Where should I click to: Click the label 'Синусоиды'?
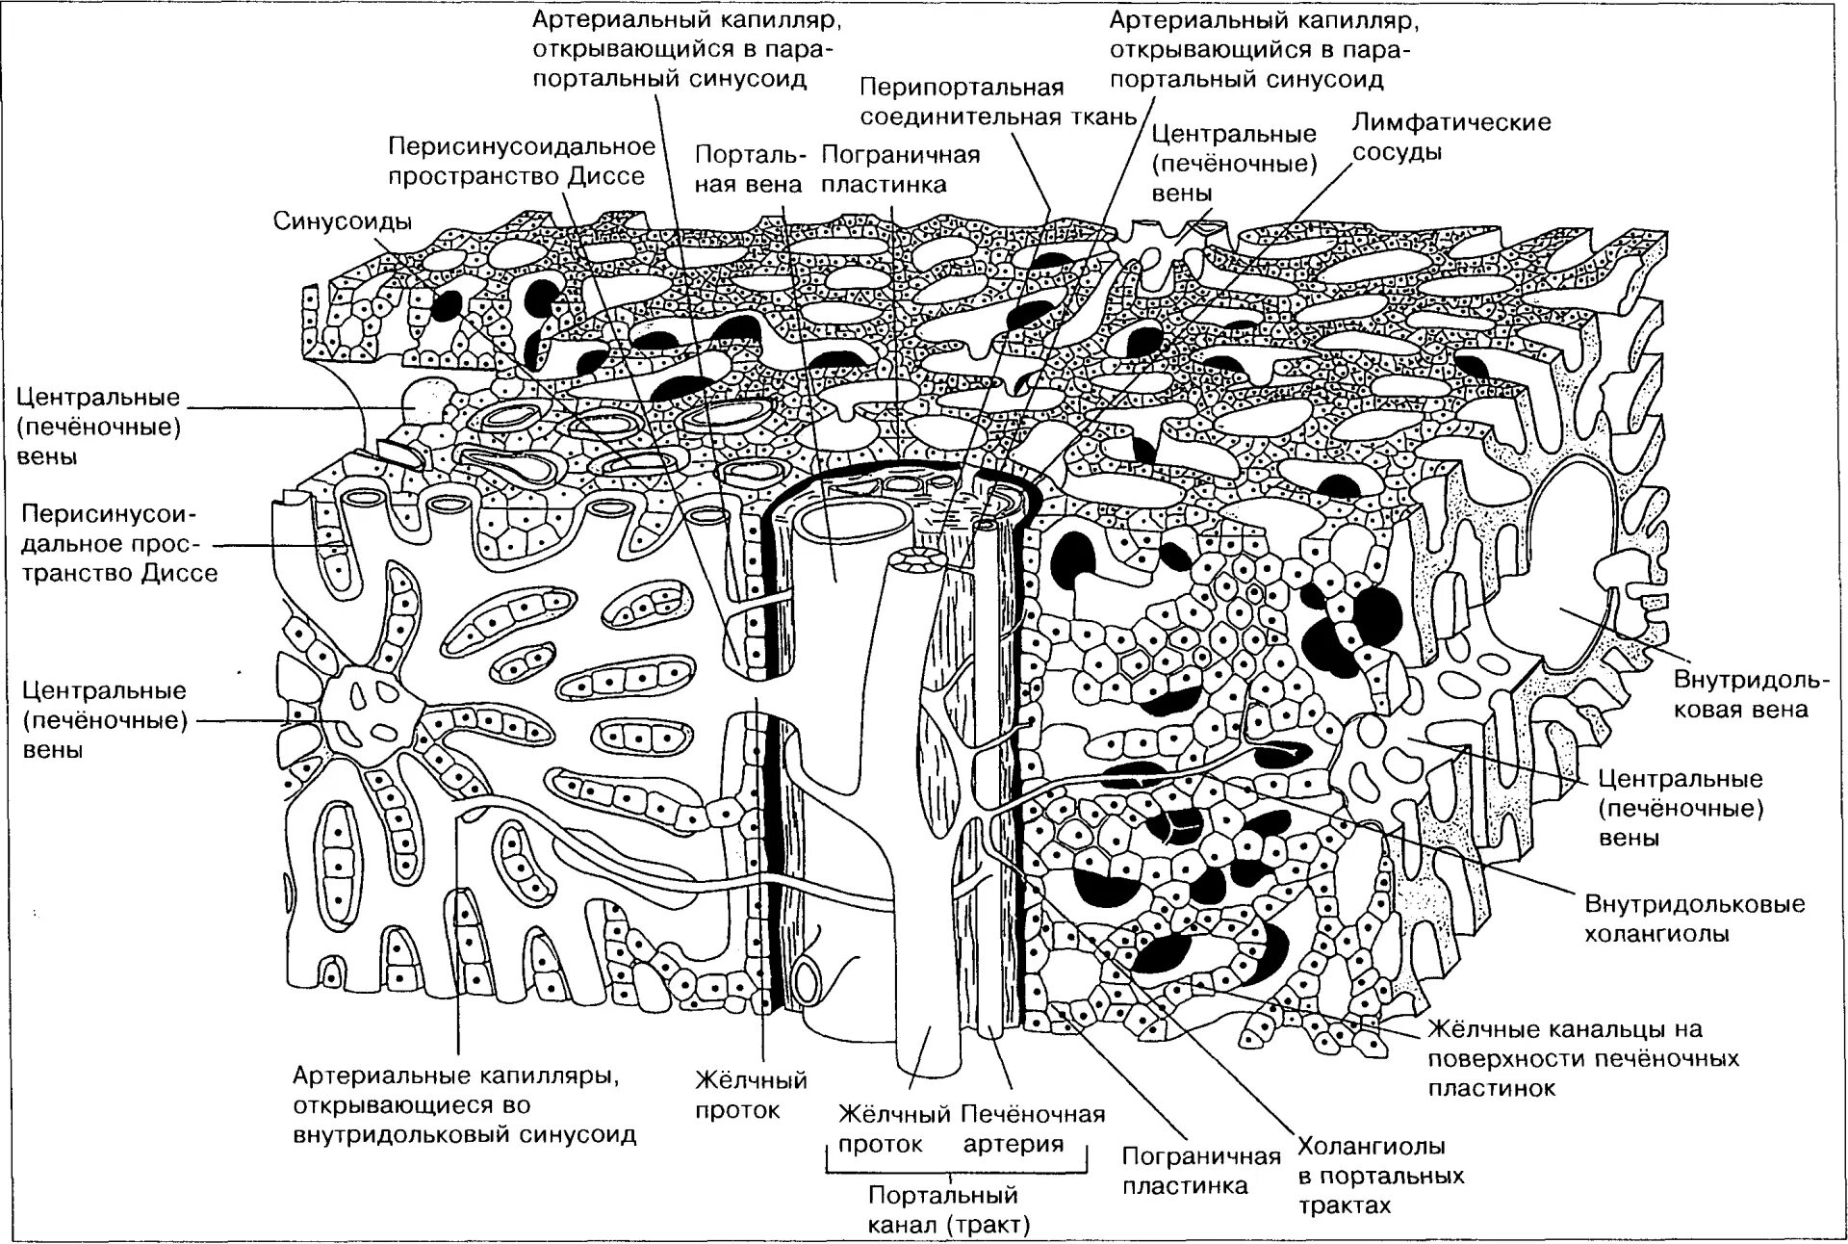[x=342, y=221]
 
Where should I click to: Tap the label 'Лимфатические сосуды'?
[x=1451, y=137]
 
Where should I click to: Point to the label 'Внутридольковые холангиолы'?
[x=1694, y=919]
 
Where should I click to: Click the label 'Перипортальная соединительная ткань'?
[x=997, y=102]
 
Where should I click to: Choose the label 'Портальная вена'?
[x=748, y=169]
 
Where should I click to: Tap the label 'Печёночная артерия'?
[x=1032, y=1129]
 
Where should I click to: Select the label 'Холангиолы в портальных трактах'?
[x=1379, y=1176]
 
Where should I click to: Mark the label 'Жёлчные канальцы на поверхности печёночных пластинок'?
[x=1582, y=1059]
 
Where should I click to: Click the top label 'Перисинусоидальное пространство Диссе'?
[x=521, y=162]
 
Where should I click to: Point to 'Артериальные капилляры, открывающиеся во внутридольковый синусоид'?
[x=464, y=1104]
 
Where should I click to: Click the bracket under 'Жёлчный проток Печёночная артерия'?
[x=957, y=1169]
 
